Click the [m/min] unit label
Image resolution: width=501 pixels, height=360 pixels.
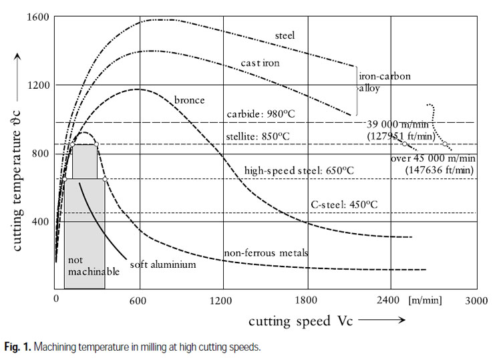(426, 300)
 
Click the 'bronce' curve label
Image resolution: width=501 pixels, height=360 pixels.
(189, 100)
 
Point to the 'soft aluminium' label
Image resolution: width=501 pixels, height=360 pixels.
(163, 264)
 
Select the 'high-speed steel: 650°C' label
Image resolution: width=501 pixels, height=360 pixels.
(299, 170)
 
